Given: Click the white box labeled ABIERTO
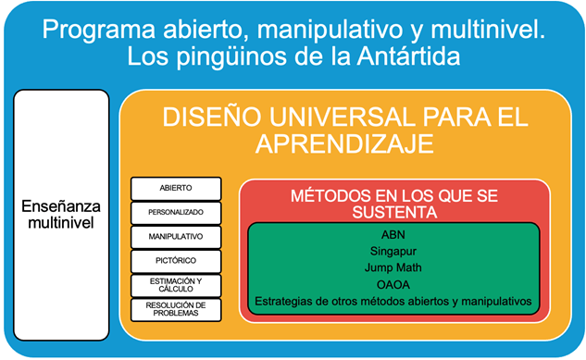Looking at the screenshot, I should point(176,188).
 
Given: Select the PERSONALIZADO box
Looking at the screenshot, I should point(176,212).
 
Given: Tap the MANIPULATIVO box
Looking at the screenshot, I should point(176,237).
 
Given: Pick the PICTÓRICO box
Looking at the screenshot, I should point(176,262).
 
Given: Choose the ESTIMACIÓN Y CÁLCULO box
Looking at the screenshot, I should point(176,286).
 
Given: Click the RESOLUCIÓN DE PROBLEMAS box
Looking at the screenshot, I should point(176,310).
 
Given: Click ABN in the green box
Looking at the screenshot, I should point(393,234).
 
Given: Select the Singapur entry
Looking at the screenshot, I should point(393,251).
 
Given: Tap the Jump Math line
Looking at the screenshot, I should point(393,267).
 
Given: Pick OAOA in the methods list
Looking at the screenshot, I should point(393,284).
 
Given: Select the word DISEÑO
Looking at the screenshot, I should point(205,118).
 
